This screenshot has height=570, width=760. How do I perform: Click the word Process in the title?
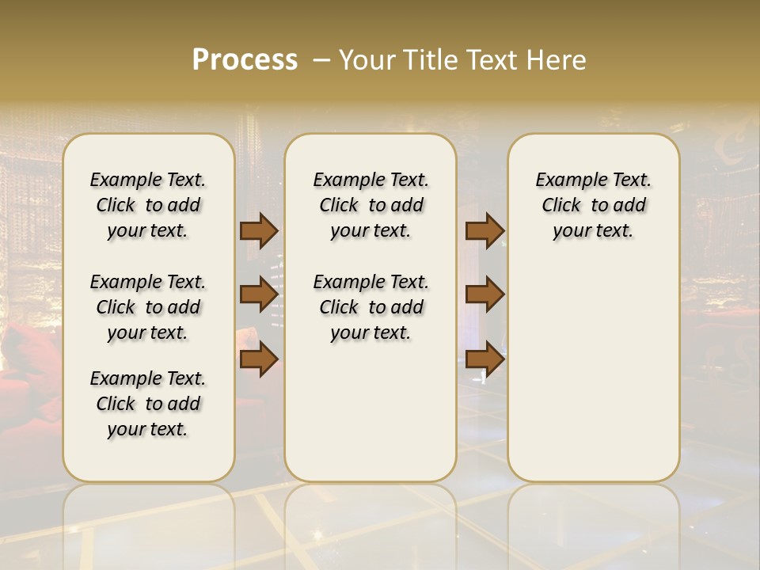pos(245,60)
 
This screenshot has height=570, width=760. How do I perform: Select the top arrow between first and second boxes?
pos(259,230)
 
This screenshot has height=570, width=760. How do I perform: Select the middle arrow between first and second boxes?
pos(259,294)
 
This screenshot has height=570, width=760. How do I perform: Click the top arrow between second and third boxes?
pos(484,230)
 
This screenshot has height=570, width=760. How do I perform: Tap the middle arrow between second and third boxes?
pos(484,294)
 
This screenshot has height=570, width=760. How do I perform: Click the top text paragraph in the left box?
pos(148,205)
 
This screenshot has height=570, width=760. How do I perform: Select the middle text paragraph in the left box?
pos(148,307)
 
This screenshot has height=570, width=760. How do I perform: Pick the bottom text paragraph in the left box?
pos(148,404)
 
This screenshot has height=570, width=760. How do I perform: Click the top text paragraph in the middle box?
pos(370,205)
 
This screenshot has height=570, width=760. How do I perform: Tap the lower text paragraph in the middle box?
pos(370,307)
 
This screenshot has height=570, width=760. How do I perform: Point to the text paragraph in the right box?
pos(593,205)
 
